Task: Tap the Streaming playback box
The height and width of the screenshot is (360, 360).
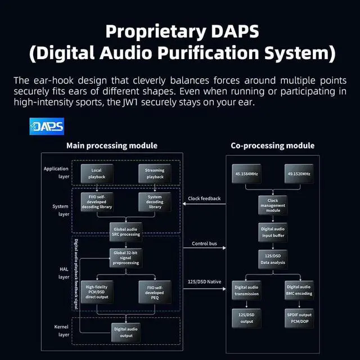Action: [x=155, y=173]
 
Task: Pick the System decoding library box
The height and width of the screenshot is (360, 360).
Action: [x=155, y=202]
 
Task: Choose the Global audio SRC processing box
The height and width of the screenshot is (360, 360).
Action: [x=126, y=230]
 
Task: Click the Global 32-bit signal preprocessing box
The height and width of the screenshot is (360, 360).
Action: [x=126, y=258]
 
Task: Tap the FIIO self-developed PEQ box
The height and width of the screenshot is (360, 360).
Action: [x=155, y=291]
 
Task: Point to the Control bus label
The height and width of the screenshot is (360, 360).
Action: [x=205, y=244]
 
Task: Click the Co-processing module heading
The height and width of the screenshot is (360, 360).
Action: [x=272, y=146]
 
